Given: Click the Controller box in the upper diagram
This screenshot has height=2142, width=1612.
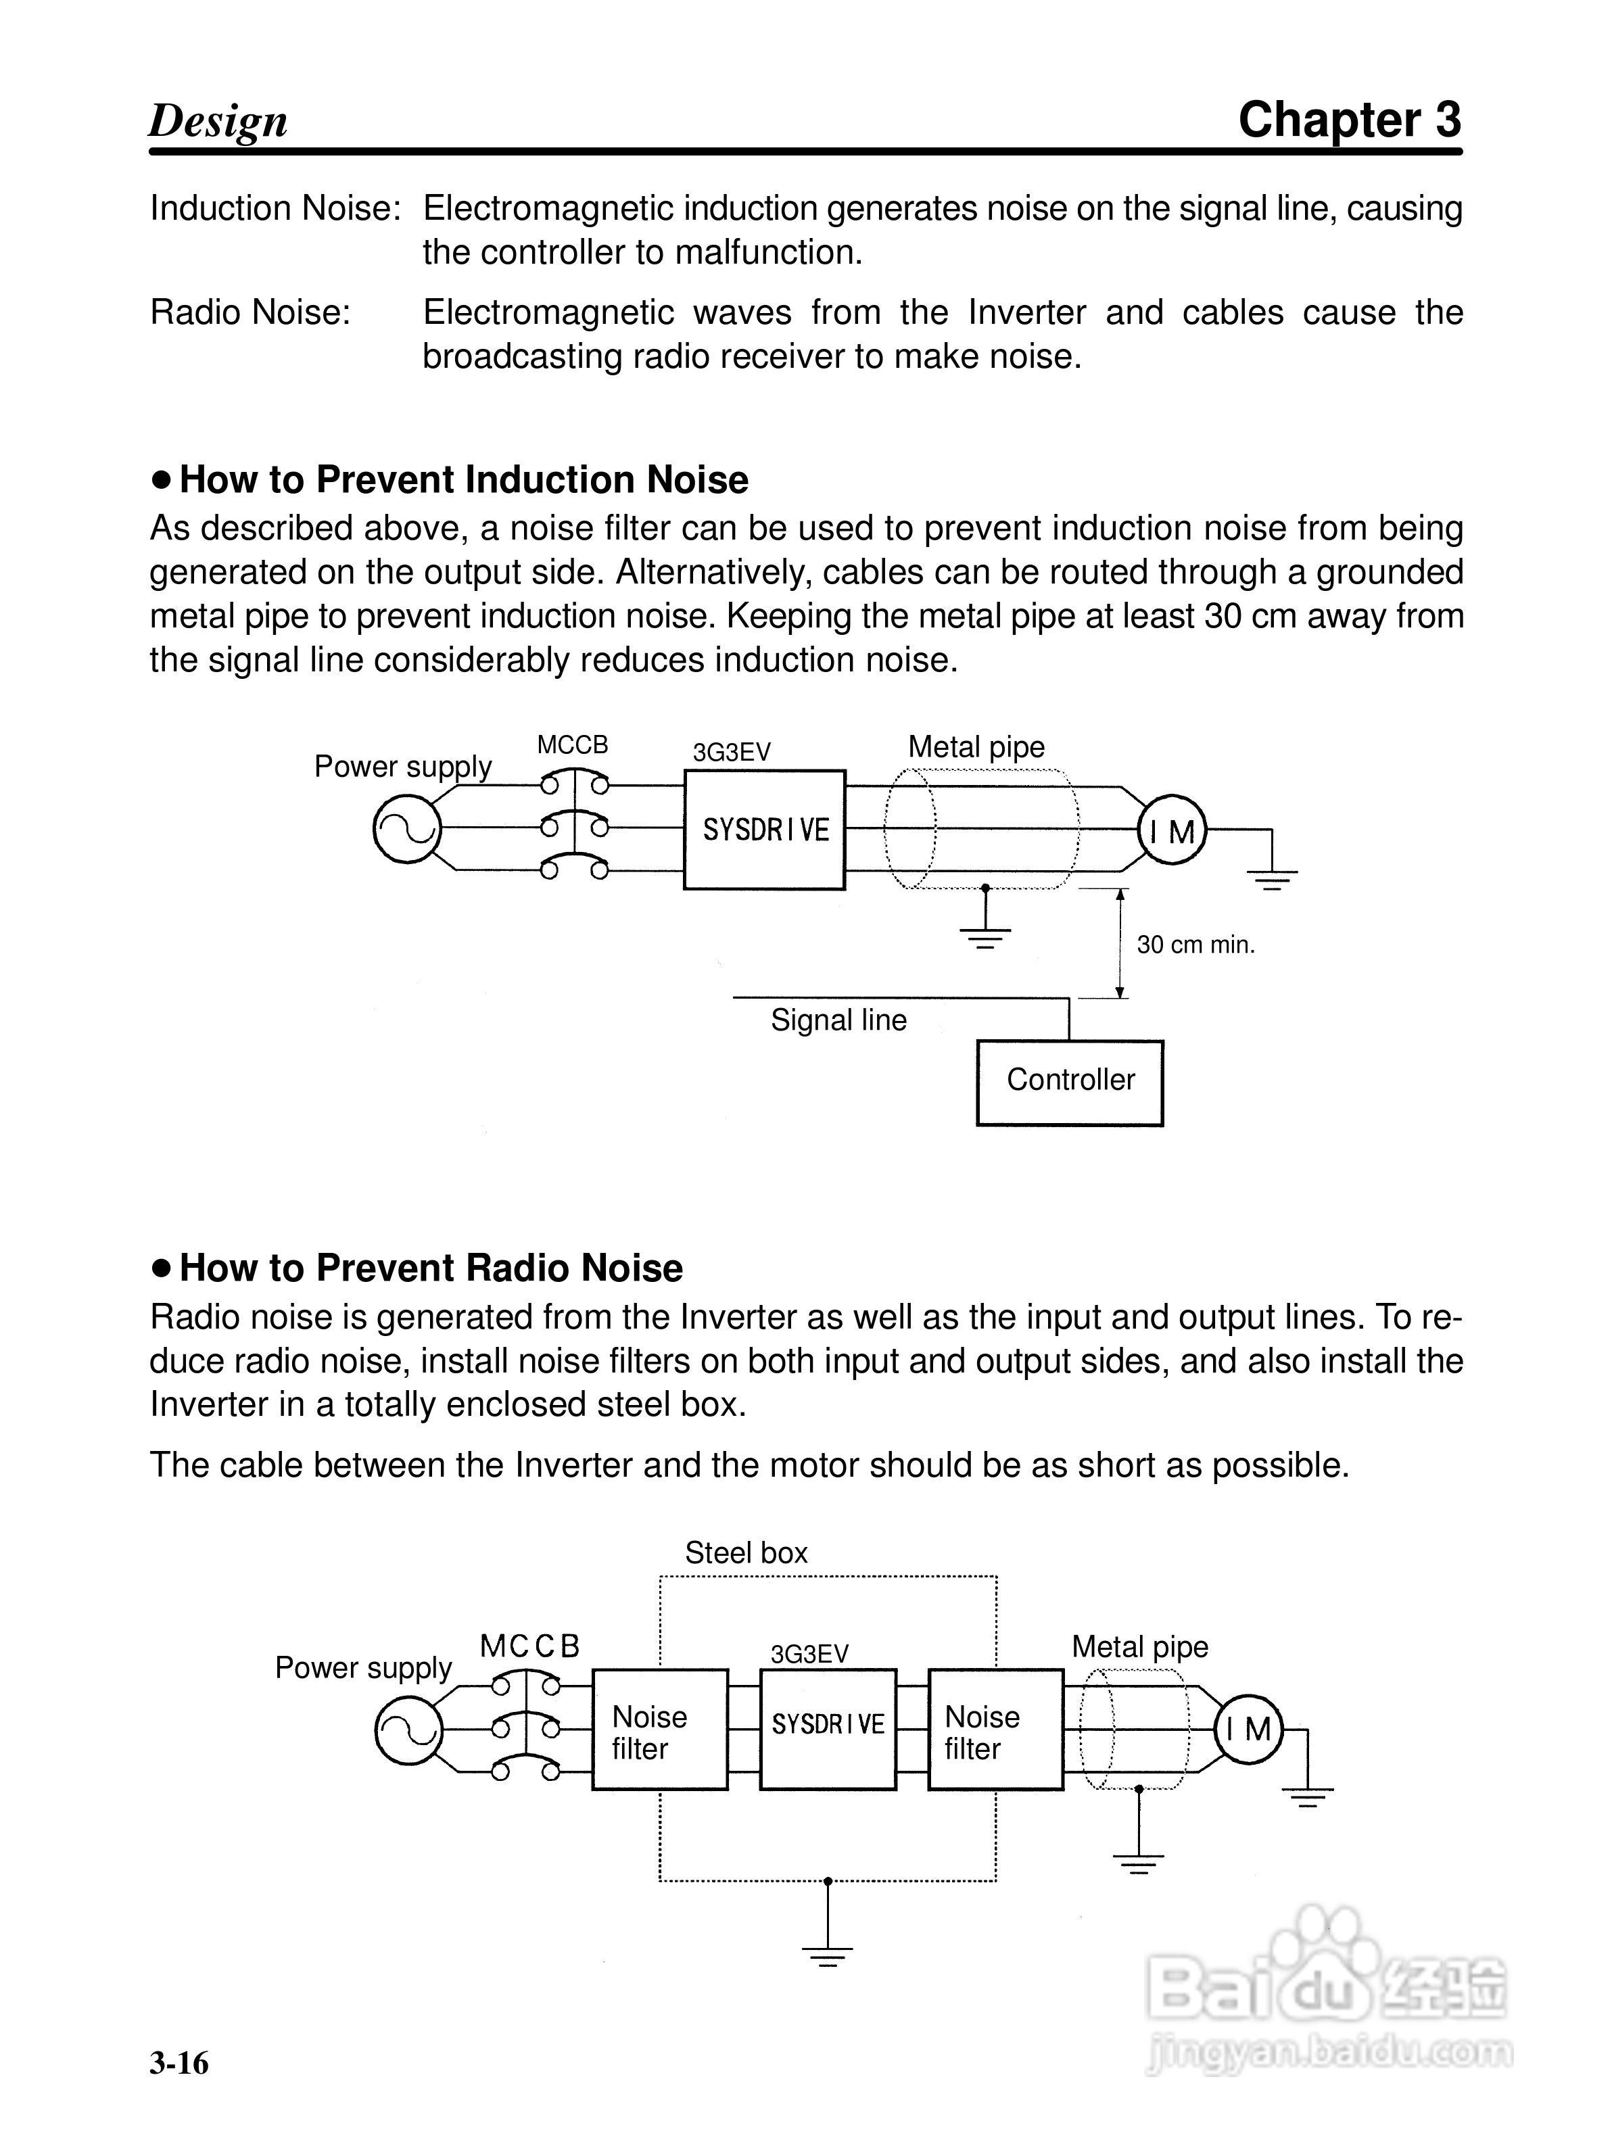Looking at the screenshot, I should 1069,1082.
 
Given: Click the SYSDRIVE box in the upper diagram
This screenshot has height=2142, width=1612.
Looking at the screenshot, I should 764,830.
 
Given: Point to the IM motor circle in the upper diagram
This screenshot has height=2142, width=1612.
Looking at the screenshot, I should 1172,831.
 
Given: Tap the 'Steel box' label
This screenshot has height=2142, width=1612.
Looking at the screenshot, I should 746,1552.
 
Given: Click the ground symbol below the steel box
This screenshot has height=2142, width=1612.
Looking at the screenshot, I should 827,1954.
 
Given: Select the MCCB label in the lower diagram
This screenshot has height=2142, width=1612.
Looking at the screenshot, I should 529,1646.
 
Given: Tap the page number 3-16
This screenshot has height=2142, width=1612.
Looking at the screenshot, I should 179,2064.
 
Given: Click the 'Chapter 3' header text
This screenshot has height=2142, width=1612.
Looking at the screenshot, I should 1349,120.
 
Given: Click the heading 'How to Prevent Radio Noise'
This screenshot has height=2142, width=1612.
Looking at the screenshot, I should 431,1268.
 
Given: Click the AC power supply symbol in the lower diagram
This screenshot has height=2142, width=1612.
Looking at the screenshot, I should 408,1730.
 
